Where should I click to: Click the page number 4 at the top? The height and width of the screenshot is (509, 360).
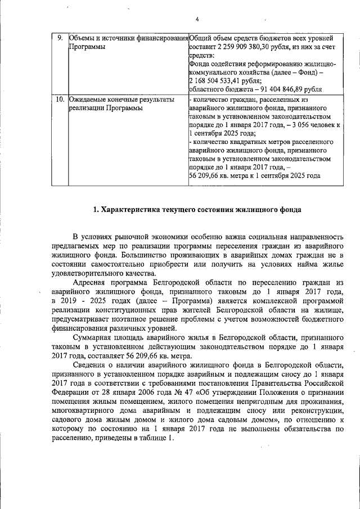[197, 20]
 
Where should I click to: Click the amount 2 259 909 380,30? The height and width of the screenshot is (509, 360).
[240, 47]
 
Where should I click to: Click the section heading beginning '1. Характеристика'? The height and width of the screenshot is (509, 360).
[197, 210]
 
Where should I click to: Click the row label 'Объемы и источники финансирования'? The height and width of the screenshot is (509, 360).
[128, 38]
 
